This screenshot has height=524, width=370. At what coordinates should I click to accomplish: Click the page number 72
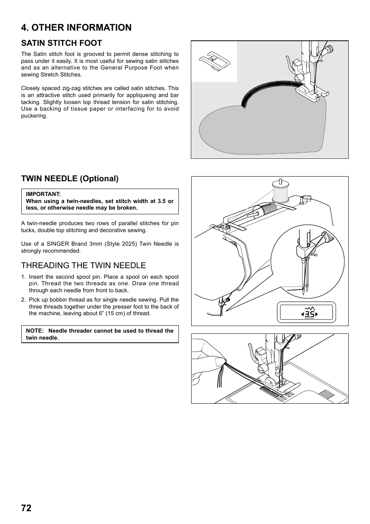pyautogui.click(x=26, y=508)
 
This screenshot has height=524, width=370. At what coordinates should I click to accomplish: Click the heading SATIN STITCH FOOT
pyautogui.click(x=61, y=43)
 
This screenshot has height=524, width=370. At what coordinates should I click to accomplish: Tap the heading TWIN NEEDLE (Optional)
pyautogui.click(x=70, y=179)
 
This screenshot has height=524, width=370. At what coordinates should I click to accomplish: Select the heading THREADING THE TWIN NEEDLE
pyautogui.click(x=83, y=265)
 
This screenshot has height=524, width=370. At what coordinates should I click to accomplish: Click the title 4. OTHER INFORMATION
pyautogui.click(x=76, y=28)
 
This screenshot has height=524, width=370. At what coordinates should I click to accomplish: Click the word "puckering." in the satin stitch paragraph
pyautogui.click(x=34, y=116)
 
